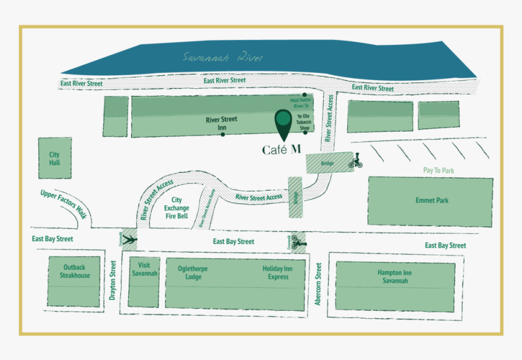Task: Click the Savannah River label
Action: click(x=223, y=58)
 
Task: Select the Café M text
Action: click(x=281, y=149)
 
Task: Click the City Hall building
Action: click(x=55, y=158)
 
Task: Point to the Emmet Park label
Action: click(x=432, y=200)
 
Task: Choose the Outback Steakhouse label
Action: click(x=75, y=271)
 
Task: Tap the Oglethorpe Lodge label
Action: click(x=194, y=273)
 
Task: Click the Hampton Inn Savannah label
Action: click(x=395, y=277)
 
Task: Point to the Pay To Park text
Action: click(x=438, y=171)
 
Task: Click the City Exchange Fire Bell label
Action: click(x=177, y=208)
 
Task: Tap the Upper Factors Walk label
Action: click(x=64, y=203)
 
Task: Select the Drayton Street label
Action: click(x=112, y=280)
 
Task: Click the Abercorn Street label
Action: click(x=318, y=283)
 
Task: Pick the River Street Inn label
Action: click(x=222, y=123)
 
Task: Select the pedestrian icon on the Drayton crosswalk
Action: click(x=129, y=240)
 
